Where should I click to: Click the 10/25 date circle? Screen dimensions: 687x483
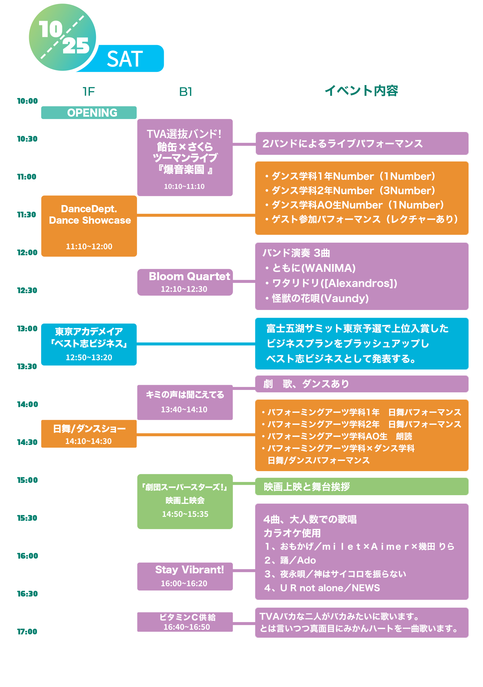tap(63, 38)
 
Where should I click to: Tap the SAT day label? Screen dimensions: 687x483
tap(125, 59)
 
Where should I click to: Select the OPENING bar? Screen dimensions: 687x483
tap(89, 113)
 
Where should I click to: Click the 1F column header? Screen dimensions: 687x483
tap(89, 92)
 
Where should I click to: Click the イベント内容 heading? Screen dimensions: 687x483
tap(361, 90)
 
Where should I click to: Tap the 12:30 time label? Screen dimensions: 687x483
tap(27, 290)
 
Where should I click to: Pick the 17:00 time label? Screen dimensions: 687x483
tap(27, 632)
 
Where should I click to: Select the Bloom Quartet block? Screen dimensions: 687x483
tap(185, 282)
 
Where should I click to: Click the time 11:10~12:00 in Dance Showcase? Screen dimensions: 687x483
tap(89, 247)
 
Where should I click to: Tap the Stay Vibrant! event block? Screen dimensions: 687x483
tap(185, 576)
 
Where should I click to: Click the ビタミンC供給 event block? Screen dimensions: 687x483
tap(185, 622)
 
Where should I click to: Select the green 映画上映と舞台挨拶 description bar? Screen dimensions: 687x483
tap(362, 486)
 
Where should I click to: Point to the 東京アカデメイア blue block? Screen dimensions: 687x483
tap(89, 344)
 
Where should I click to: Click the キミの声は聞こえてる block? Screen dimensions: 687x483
tap(185, 402)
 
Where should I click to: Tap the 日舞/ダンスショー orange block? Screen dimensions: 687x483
tap(89, 434)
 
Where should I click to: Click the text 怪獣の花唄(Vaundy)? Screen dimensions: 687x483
tap(320, 299)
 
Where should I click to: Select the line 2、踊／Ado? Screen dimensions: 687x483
tap(290, 560)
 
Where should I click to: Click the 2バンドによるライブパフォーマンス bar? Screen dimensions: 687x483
tap(362, 143)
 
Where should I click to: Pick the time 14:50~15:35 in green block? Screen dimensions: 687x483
tap(185, 514)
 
